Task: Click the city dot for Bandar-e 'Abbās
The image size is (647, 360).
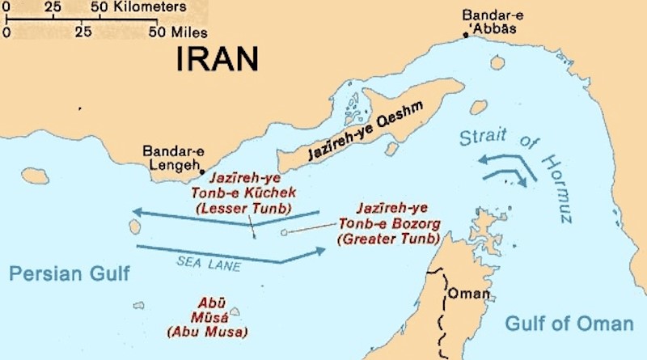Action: [466, 35]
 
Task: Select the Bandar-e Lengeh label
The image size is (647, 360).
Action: [171, 158]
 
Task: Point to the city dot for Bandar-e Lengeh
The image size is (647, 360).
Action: [201, 172]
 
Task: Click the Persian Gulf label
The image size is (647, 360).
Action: [70, 273]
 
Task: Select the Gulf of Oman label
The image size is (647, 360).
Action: [569, 324]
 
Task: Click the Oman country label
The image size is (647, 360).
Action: [469, 293]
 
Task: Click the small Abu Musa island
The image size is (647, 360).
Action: [235, 311]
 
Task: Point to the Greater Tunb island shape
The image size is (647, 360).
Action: [284, 233]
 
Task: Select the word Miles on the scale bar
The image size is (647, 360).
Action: [189, 33]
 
